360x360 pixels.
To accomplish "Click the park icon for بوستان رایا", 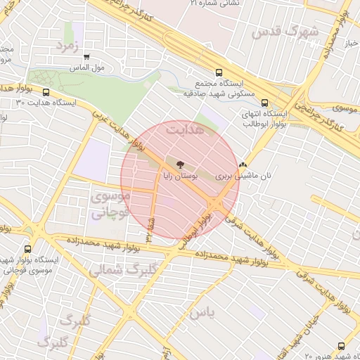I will (x=181, y=162).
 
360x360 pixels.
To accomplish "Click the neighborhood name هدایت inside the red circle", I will (x=184, y=130).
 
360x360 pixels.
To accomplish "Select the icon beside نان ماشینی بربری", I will (x=243, y=162).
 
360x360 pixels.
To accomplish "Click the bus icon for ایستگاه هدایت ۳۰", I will (x=46, y=92).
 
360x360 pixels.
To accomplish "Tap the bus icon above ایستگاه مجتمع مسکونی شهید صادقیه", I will (x=219, y=72).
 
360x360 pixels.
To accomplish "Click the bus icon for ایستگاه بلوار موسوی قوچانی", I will (x=28, y=248).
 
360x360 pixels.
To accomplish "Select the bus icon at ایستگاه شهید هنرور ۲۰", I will (x=341, y=346).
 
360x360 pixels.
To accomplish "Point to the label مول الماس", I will (x=89, y=67).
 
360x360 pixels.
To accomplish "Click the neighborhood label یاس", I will (x=201, y=311).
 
